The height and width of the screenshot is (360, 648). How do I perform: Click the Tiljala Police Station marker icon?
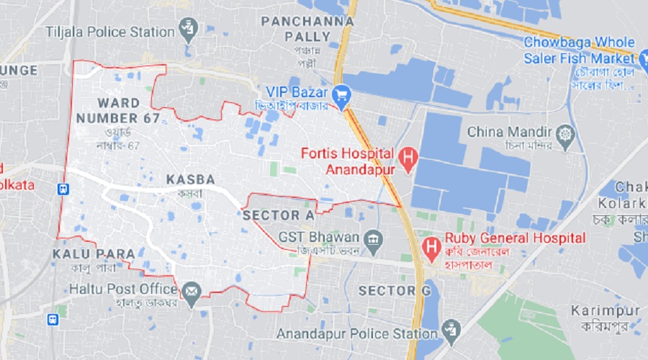(189, 30)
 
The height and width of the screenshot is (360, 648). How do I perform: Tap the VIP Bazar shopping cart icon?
(341, 93)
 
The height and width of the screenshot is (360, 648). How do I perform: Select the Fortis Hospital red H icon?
(408, 158)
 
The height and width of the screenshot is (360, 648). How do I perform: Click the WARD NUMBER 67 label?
(118, 111)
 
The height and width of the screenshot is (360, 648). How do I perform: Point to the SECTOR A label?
(279, 215)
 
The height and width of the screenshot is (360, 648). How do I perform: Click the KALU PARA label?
(94, 254)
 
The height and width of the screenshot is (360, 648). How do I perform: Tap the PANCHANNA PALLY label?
(308, 29)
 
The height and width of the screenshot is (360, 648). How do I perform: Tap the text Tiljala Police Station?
(110, 32)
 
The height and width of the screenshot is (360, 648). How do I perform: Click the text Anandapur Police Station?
(357, 334)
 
